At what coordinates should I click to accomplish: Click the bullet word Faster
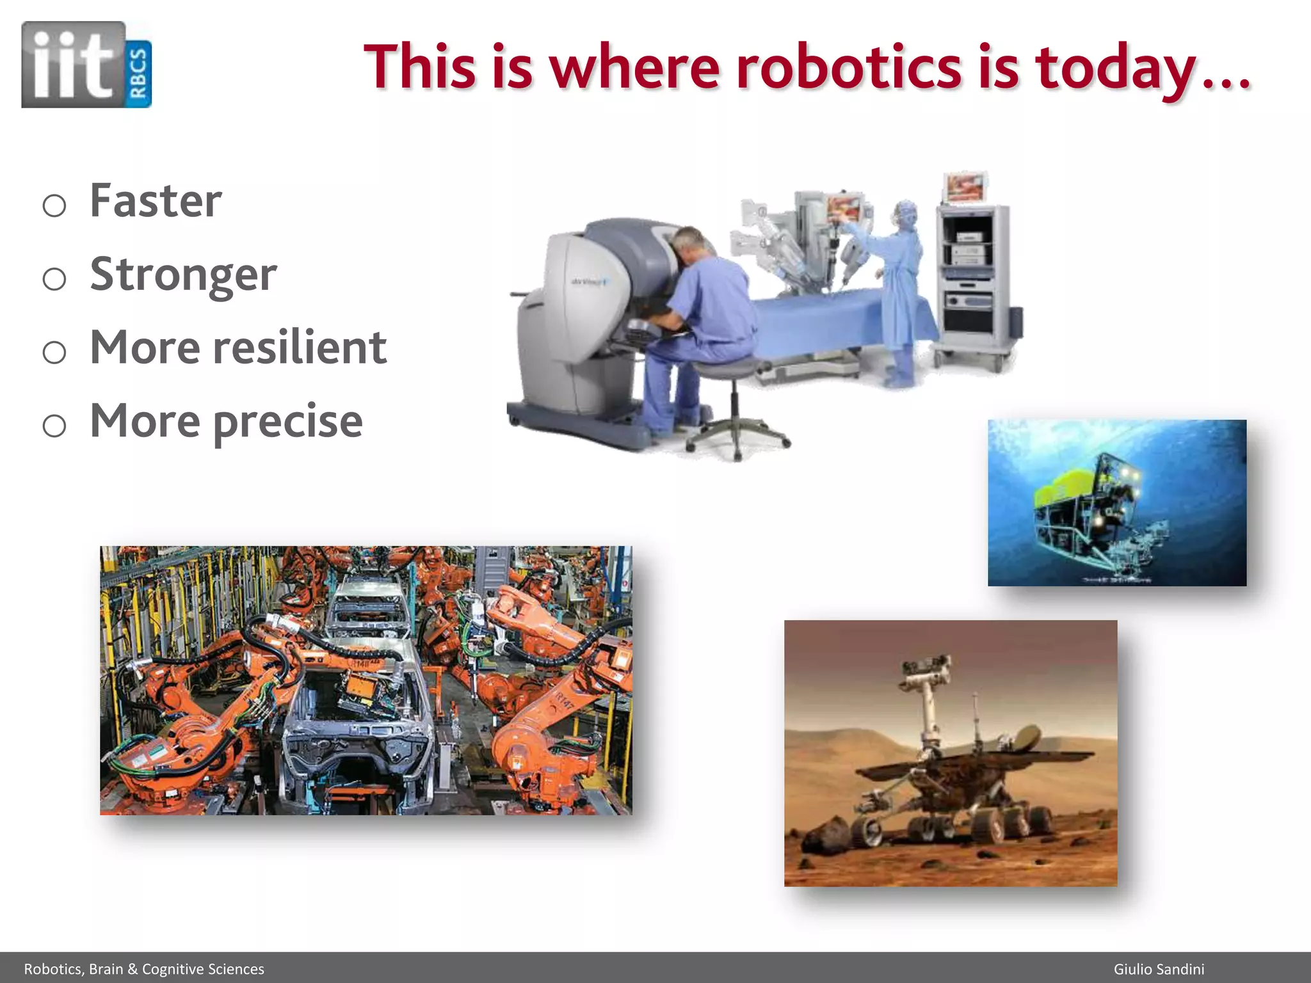156,201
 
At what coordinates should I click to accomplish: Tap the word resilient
299,348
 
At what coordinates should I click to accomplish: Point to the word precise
287,422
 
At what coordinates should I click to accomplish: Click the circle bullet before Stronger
54,279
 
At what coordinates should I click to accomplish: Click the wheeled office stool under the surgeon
736,410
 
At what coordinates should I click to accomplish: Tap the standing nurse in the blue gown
903,288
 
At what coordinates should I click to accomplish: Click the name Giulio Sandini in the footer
1159,969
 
